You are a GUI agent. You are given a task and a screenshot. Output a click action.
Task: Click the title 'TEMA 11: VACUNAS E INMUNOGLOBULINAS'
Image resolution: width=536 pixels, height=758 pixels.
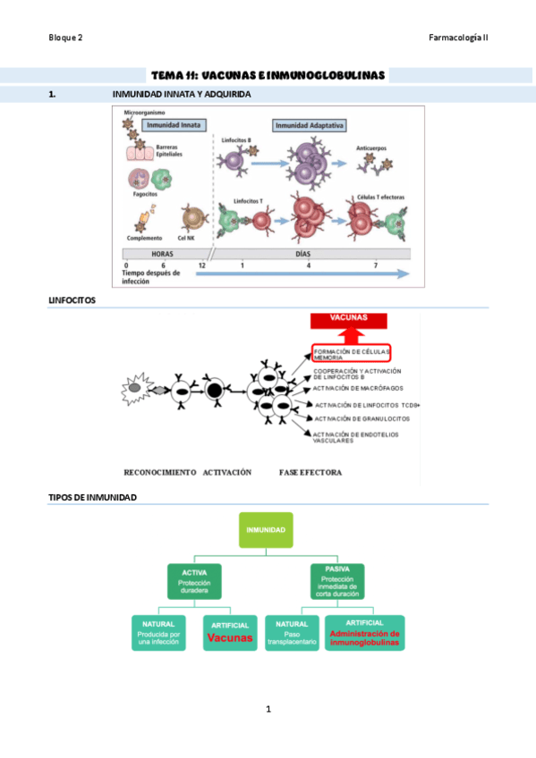(268, 75)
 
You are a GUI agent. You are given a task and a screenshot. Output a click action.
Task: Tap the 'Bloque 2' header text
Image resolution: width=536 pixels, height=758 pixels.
(65, 38)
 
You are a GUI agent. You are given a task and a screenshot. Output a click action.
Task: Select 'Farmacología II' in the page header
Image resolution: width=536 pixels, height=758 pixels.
(458, 38)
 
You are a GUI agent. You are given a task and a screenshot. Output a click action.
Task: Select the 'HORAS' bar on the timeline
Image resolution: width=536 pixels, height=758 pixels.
(162, 254)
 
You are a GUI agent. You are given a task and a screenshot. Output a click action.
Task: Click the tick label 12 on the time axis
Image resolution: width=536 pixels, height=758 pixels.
(202, 266)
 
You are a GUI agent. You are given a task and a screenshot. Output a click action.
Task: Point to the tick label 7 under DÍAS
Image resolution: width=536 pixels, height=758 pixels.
(376, 266)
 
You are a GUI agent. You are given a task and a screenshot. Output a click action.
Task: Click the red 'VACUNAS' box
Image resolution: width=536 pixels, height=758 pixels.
(350, 320)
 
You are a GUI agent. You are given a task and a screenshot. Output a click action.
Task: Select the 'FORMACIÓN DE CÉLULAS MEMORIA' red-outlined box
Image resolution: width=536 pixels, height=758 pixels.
(352, 352)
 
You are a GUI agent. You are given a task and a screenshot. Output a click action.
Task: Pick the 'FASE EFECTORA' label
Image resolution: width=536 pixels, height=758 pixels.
(311, 472)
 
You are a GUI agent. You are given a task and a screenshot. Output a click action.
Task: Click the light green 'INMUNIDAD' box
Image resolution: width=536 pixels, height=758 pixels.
(266, 530)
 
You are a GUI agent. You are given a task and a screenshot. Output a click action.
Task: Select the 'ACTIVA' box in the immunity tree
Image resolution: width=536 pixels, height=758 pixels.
(194, 581)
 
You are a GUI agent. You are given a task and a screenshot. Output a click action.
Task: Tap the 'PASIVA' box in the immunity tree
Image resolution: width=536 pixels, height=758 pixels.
(336, 579)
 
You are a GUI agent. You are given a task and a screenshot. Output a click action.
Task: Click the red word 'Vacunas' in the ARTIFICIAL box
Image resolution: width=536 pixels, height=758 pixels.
(230, 638)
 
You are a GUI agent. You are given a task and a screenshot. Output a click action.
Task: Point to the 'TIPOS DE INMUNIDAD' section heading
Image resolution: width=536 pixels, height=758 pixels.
(92, 497)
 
